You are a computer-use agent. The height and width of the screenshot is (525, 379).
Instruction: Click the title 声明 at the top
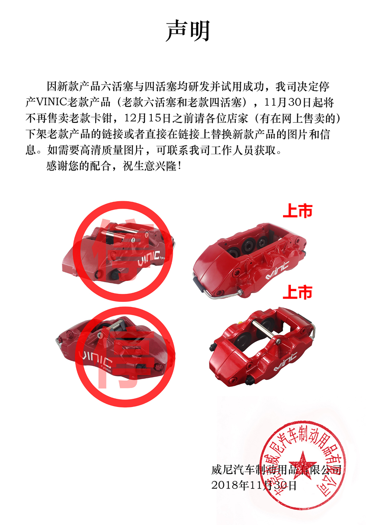(188, 31)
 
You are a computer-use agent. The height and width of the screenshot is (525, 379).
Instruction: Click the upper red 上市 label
(298, 211)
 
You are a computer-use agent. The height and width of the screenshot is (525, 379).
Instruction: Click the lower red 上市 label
(298, 292)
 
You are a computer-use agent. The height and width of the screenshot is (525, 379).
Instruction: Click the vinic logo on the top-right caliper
(277, 271)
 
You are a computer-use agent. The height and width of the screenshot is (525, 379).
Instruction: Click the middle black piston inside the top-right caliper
(248, 246)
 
